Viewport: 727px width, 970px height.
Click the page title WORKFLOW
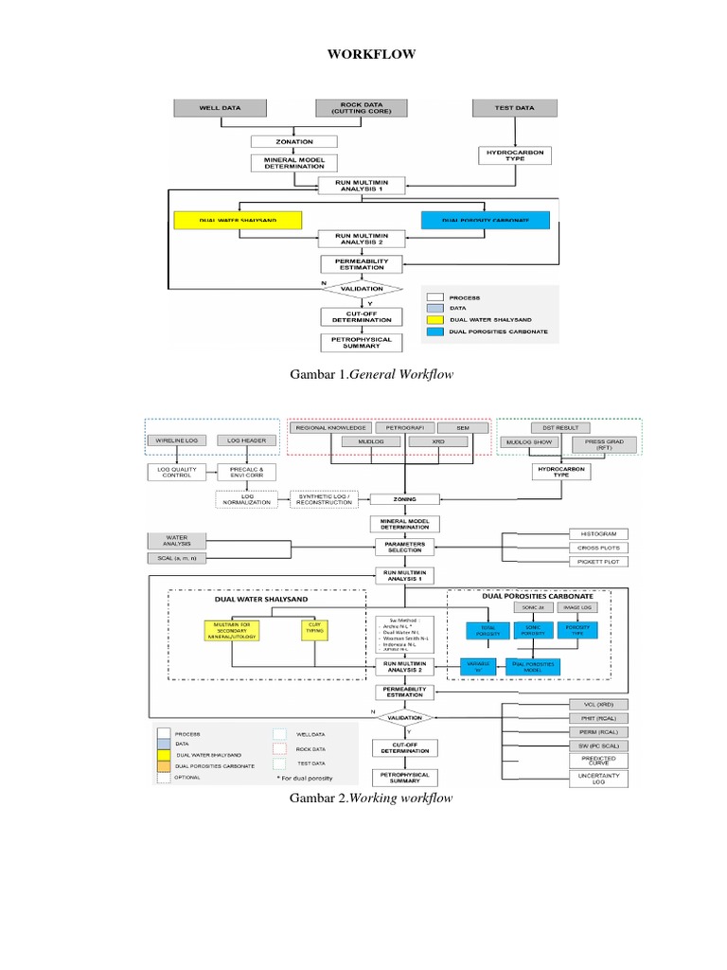coord(371,54)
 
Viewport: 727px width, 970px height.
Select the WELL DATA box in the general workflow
coord(219,108)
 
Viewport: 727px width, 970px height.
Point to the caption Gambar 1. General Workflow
coord(371,375)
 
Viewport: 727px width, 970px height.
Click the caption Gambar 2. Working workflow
coord(371,798)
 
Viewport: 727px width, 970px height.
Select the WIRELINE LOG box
coord(177,440)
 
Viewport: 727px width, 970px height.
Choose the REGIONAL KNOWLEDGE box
coord(330,427)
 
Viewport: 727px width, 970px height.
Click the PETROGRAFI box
coord(405,427)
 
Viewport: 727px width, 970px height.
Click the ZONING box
coord(405,498)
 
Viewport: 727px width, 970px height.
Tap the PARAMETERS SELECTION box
coord(405,547)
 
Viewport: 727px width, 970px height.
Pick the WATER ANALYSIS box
coord(177,541)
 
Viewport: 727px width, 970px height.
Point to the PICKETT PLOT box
coord(598,562)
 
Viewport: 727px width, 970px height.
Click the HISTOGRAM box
coord(598,534)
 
